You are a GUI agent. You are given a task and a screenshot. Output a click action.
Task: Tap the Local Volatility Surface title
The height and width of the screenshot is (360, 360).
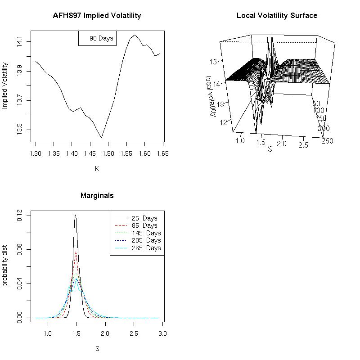click(x=277, y=16)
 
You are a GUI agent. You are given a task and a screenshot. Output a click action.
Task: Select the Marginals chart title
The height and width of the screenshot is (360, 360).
click(x=97, y=196)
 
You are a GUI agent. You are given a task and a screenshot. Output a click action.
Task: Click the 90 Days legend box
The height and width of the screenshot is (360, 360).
click(x=98, y=38)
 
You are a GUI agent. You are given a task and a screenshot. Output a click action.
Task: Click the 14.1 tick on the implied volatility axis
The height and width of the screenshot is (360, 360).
click(x=19, y=42)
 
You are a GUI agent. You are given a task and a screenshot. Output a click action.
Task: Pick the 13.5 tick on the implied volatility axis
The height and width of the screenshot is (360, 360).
click(x=19, y=130)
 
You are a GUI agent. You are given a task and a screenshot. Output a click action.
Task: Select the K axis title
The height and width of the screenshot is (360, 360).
click(x=97, y=169)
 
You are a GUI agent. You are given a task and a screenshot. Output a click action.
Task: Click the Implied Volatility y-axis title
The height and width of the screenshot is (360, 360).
click(x=5, y=86)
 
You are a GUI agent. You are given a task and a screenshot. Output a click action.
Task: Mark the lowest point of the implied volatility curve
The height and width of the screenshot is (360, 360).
click(x=102, y=138)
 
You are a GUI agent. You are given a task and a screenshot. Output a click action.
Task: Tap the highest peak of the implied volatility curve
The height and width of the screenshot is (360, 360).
click(x=134, y=35)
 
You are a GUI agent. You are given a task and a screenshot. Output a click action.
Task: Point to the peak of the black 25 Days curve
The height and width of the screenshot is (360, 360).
click(x=76, y=215)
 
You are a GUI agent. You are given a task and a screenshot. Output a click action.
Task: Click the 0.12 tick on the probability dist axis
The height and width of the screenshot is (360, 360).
click(x=19, y=216)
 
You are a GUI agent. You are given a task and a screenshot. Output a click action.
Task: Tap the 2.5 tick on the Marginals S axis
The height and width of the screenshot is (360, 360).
click(x=134, y=333)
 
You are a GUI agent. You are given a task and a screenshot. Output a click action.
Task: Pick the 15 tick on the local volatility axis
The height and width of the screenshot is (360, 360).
click(x=214, y=61)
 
